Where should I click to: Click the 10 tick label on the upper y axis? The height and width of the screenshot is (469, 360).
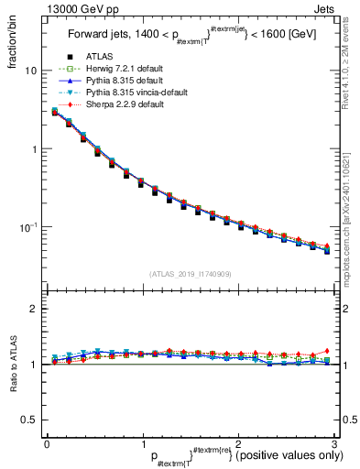pyautogui.click(x=31, y=71)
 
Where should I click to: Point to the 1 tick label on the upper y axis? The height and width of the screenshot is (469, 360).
pyautogui.click(x=34, y=148)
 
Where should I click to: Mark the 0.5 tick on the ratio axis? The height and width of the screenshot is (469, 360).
pyautogui.click(x=30, y=420)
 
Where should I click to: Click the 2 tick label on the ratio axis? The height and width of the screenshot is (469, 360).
pyautogui.click(x=34, y=309)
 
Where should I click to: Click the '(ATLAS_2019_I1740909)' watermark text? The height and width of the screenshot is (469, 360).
pyautogui.click(x=190, y=274)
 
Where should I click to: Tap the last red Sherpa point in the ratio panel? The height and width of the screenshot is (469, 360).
pyautogui.click(x=327, y=350)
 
